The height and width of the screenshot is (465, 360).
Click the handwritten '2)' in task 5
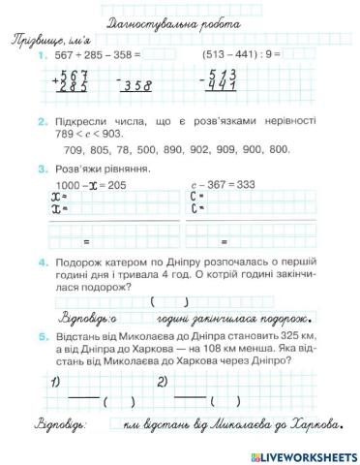(x=163, y=381)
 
